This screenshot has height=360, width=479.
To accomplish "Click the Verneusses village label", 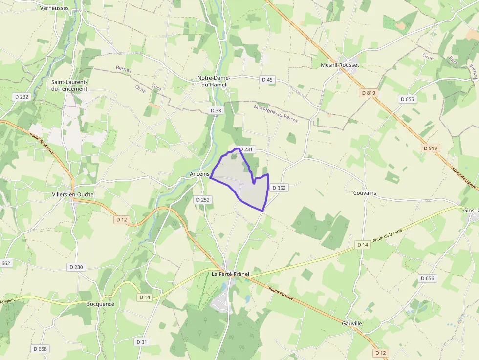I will pyautogui.click(x=54, y=8).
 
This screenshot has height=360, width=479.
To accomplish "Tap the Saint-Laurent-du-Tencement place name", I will pyautogui.click(x=69, y=85).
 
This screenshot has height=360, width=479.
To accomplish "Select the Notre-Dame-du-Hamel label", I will pyautogui.click(x=214, y=81).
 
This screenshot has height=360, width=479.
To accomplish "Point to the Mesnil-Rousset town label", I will pyautogui.click(x=340, y=65).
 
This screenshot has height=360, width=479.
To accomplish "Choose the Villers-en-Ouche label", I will pyautogui.click(x=73, y=194).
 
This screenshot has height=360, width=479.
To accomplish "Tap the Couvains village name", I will pyautogui.click(x=365, y=193).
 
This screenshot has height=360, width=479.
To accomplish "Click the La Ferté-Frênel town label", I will pyautogui.click(x=230, y=274).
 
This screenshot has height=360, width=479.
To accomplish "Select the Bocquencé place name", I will pyautogui.click(x=100, y=304).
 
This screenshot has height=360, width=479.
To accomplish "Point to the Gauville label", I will pyautogui.click(x=352, y=323).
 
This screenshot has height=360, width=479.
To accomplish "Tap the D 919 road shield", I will pyautogui.click(x=431, y=148).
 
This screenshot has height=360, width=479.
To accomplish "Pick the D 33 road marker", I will pyautogui.click(x=216, y=111).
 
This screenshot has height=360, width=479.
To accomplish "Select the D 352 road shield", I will pyautogui.click(x=279, y=188).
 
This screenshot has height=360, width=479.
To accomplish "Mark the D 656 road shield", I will pyautogui.click(x=427, y=278).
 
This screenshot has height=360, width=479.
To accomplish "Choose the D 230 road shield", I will pyautogui.click(x=77, y=267).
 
